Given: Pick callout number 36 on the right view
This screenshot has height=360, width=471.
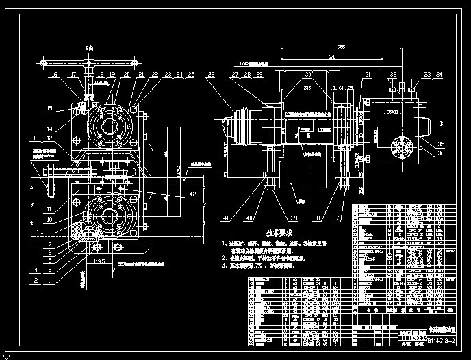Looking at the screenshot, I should pyautogui.click(x=441, y=154).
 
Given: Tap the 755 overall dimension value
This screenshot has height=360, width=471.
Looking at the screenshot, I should pyautogui.click(x=342, y=47).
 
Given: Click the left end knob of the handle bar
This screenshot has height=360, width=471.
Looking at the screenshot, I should pyautogui.click(x=43, y=64).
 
